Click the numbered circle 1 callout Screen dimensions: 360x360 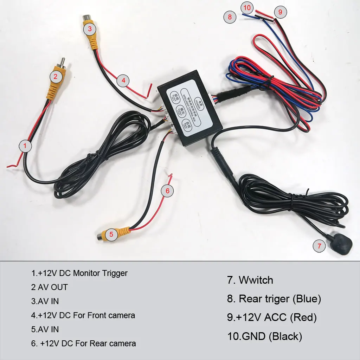tap(25, 146)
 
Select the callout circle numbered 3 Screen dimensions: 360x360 tap(90, 29)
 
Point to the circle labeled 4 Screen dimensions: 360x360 tap(123, 81)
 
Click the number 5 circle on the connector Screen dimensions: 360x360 tap(111, 234)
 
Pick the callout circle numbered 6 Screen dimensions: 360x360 tap(167, 191)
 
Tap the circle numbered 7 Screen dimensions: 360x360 tap(319, 246)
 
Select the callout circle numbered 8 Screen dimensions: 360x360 tap(230, 17)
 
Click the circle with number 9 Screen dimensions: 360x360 tap(280, 12)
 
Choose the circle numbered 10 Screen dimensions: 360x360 tap(247, 7)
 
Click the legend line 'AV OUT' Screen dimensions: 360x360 tap(49, 287)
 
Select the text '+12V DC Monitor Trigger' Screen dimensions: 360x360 tap(79, 273)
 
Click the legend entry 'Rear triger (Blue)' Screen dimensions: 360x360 tap(274, 299)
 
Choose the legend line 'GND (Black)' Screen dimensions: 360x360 tap(265, 336)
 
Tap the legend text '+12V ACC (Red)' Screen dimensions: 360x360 tap(272, 317)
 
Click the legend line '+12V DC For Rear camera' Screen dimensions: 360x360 tap(84, 343)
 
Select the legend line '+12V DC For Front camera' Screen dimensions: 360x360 tap(83, 315)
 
